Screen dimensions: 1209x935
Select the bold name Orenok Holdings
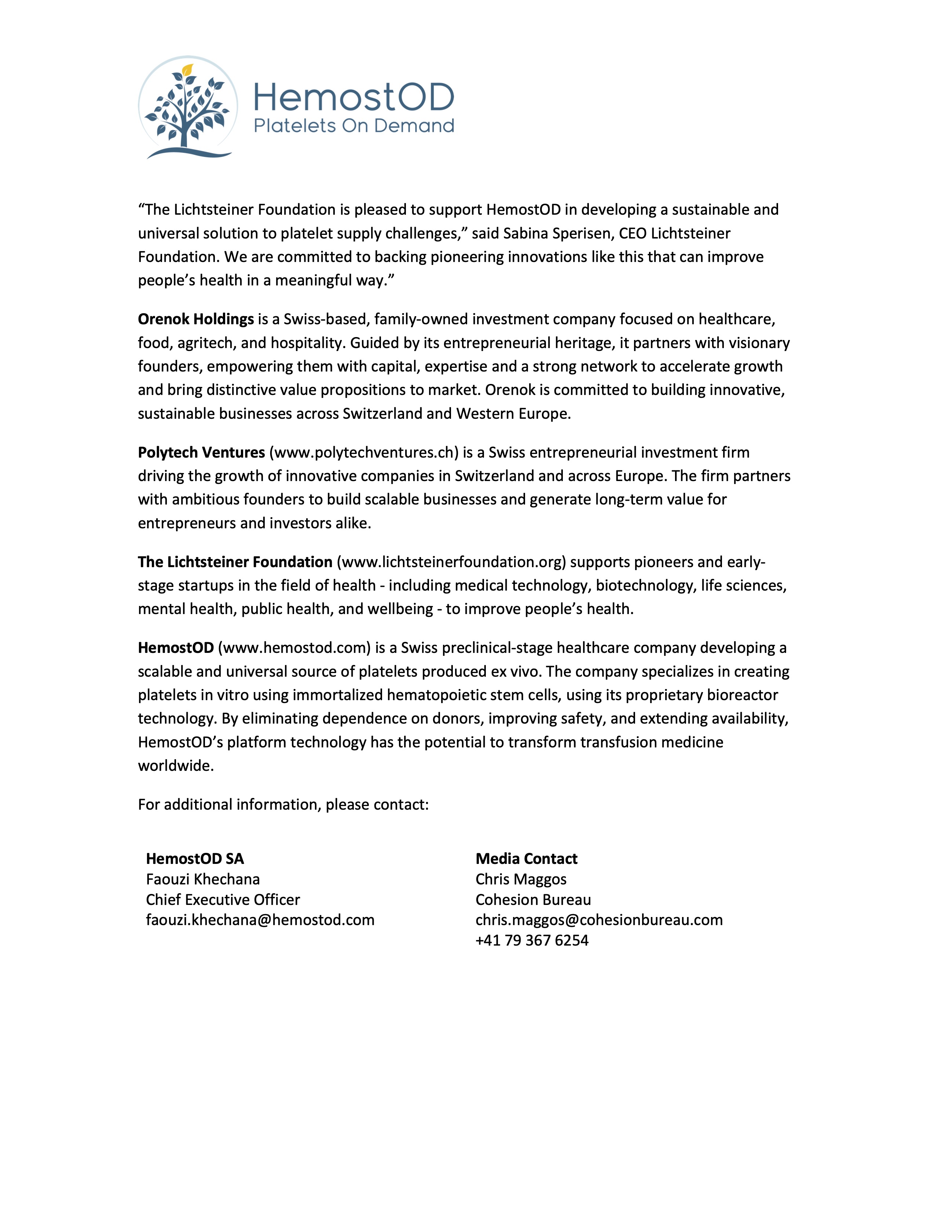[x=195, y=319]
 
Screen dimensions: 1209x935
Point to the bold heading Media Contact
[x=526, y=859]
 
